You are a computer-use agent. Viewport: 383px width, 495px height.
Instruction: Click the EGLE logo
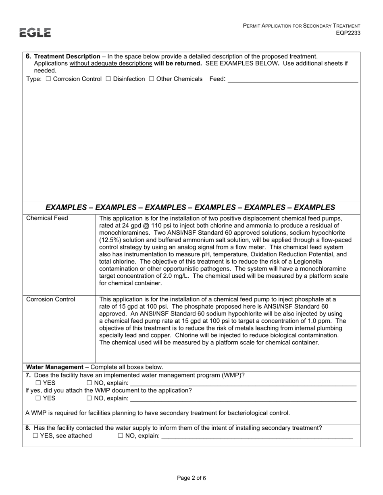pyautogui.click(x=35, y=33)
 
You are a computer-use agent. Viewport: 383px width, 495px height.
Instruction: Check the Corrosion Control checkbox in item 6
pyautogui.click(x=48, y=79)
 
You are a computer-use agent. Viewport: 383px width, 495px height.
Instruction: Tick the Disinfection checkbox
pyautogui.click(x=108, y=79)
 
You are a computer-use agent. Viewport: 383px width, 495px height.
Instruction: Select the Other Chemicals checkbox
pyautogui.click(x=152, y=79)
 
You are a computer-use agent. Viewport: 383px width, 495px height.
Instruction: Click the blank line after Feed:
pyautogui.click(x=293, y=80)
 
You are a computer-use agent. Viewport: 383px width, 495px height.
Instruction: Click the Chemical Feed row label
pyautogui.click(x=47, y=219)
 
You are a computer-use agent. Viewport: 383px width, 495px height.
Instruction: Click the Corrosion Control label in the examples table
pyautogui.click(x=51, y=299)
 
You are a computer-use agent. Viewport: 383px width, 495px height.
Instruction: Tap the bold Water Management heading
pyautogui.click(x=54, y=367)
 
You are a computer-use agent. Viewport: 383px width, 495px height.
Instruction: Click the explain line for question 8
pyautogui.click(x=257, y=436)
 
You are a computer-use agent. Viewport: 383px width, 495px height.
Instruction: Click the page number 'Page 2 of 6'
pyautogui.click(x=191, y=478)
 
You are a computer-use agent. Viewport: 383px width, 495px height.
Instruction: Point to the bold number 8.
pyautogui.click(x=28, y=428)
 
